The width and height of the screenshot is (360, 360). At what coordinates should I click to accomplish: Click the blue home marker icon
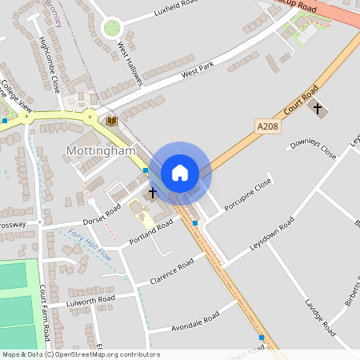click(x=180, y=172)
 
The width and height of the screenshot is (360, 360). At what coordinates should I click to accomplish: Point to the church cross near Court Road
click(x=318, y=107)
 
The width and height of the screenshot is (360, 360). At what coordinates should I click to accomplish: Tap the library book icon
click(x=112, y=120)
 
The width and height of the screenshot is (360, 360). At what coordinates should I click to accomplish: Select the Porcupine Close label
click(x=248, y=195)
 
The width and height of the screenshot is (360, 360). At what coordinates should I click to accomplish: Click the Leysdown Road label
click(x=272, y=234)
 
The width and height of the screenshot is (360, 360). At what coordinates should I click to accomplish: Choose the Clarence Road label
click(x=172, y=272)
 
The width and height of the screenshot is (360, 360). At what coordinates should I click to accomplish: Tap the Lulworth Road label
click(x=90, y=300)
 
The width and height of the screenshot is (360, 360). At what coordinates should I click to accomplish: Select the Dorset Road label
click(x=102, y=214)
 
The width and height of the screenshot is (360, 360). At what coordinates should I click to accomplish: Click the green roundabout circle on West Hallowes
click(x=112, y=29)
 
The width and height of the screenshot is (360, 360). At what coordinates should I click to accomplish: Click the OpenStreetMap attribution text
click(x=81, y=354)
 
